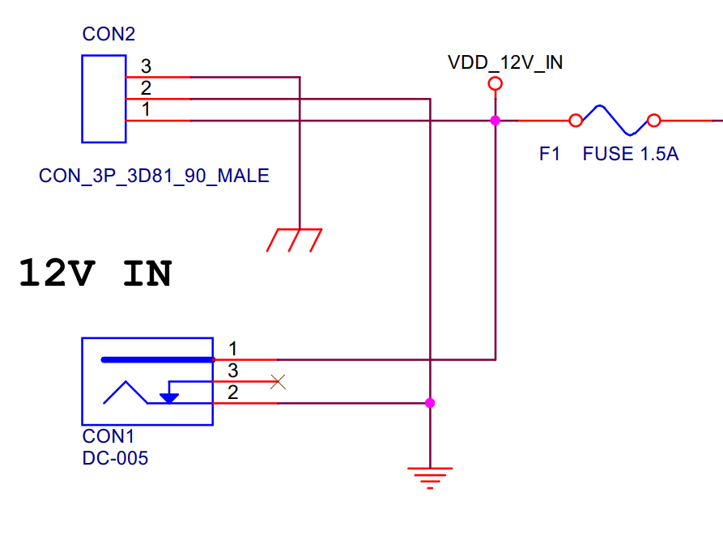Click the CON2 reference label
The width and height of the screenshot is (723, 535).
click(x=108, y=34)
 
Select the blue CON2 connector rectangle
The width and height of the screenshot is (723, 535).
click(x=104, y=99)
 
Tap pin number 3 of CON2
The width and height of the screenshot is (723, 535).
click(x=146, y=66)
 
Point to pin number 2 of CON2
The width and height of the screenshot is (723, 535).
click(x=146, y=87)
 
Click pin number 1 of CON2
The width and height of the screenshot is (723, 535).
click(x=146, y=109)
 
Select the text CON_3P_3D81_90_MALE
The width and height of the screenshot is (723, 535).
click(x=154, y=176)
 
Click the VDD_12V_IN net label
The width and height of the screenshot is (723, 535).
click(x=505, y=62)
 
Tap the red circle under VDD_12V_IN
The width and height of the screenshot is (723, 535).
click(x=495, y=84)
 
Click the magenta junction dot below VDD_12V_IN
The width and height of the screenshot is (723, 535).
click(x=495, y=121)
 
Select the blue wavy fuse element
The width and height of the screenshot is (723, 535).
click(x=615, y=120)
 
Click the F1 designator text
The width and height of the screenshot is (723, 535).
click(x=550, y=154)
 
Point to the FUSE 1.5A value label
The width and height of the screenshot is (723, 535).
click(x=630, y=154)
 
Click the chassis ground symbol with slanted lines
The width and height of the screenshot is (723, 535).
click(x=296, y=240)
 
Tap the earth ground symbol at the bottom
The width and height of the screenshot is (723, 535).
click(x=430, y=478)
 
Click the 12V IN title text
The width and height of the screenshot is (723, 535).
click(x=95, y=274)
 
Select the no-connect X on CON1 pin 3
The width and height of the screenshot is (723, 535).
click(x=278, y=381)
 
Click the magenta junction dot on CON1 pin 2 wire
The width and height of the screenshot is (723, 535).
click(x=430, y=402)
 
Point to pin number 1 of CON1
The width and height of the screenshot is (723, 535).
click(x=233, y=349)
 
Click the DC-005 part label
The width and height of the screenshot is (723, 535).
click(x=115, y=458)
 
